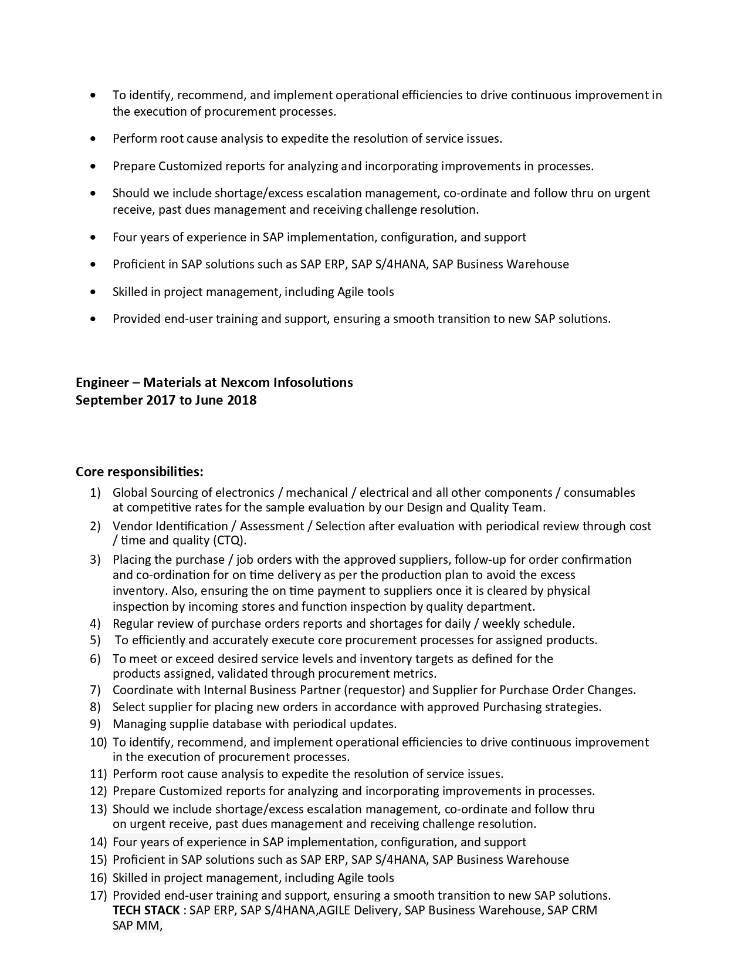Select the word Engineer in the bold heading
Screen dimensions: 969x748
coord(102,383)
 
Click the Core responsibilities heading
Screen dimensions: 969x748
coord(140,472)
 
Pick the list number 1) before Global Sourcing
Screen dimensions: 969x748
coord(95,493)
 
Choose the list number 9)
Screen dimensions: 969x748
coord(95,724)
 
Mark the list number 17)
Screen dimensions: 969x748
coord(98,896)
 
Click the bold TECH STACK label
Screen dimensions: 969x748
coord(146,910)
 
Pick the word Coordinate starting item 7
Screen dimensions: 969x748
coord(138,690)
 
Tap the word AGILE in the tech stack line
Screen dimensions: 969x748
coord(335,910)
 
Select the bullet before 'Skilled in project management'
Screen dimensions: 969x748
coord(93,292)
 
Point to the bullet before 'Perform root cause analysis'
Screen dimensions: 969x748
coord(93,139)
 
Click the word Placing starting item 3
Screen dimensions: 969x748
coord(132,560)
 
